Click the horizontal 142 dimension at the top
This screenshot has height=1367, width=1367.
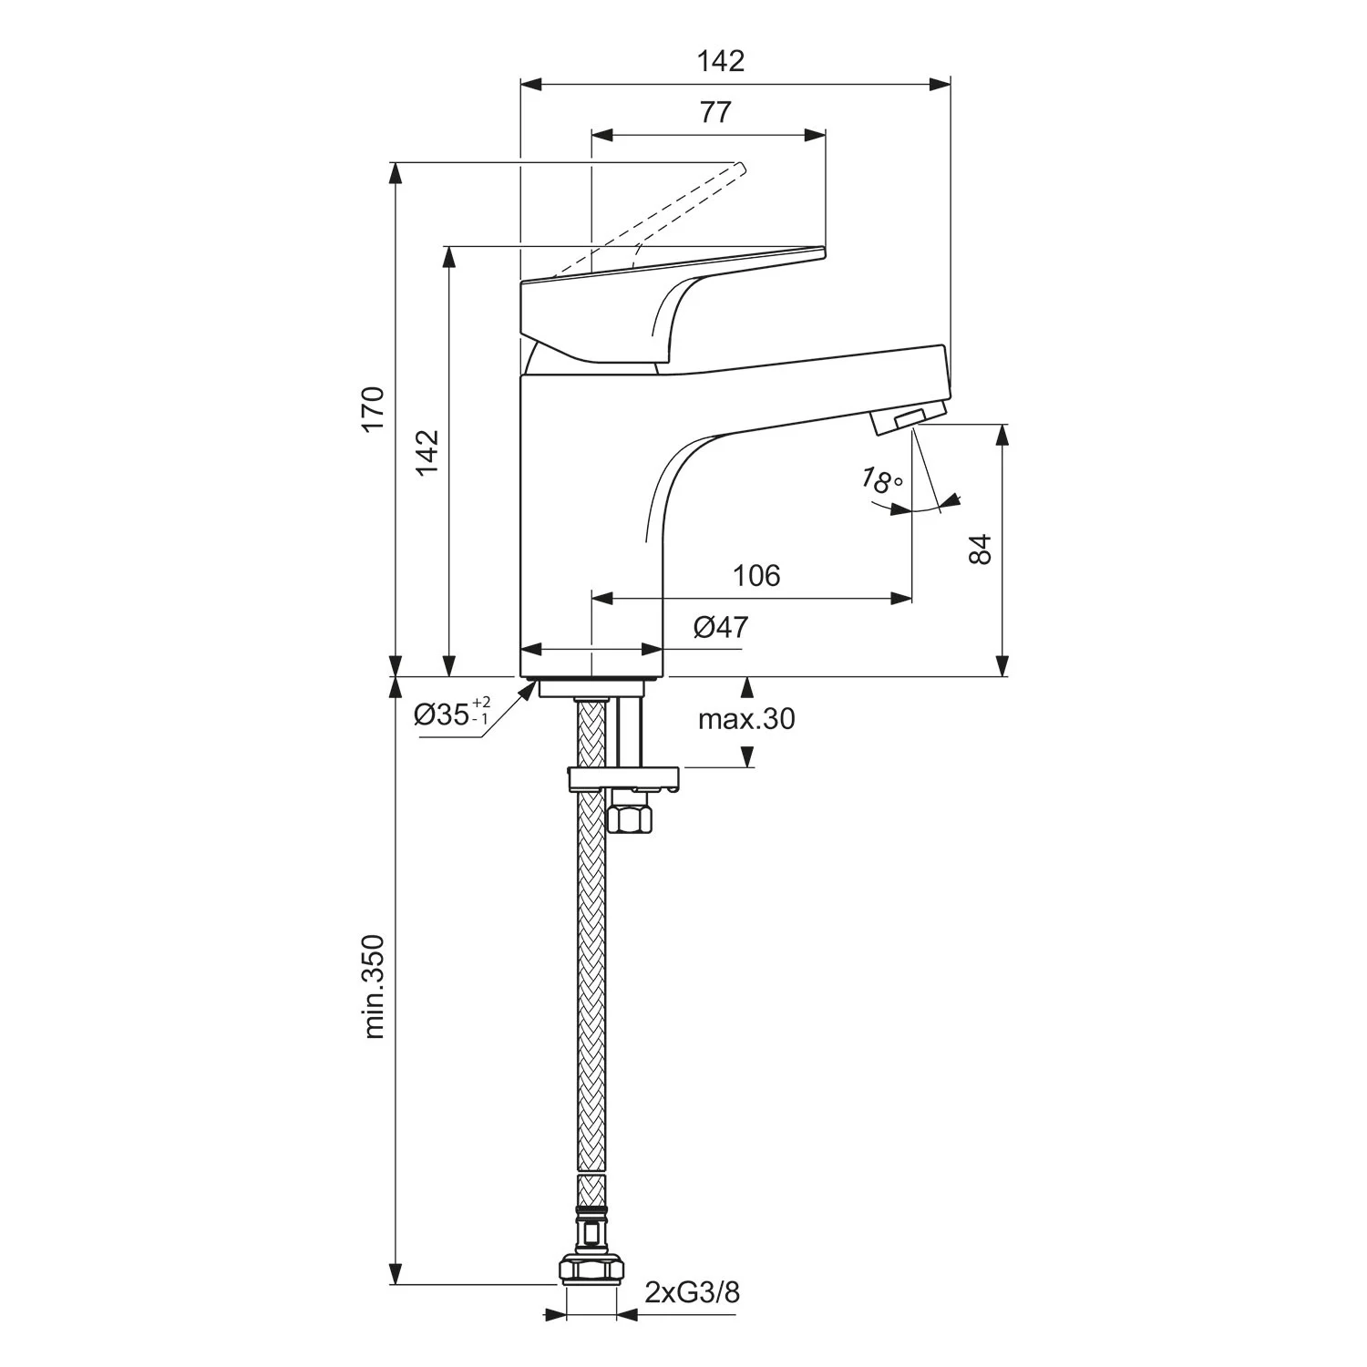[x=721, y=61]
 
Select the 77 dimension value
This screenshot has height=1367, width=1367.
[x=715, y=112]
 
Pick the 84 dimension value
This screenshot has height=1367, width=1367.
[x=979, y=550]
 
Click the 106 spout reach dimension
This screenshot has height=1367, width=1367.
[x=756, y=576]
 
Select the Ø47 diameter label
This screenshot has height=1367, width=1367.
[x=721, y=627]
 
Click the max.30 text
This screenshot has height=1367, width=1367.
[x=746, y=719]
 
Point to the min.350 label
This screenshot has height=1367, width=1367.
[x=375, y=986]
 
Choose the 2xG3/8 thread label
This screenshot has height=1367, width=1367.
[x=692, y=1292]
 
